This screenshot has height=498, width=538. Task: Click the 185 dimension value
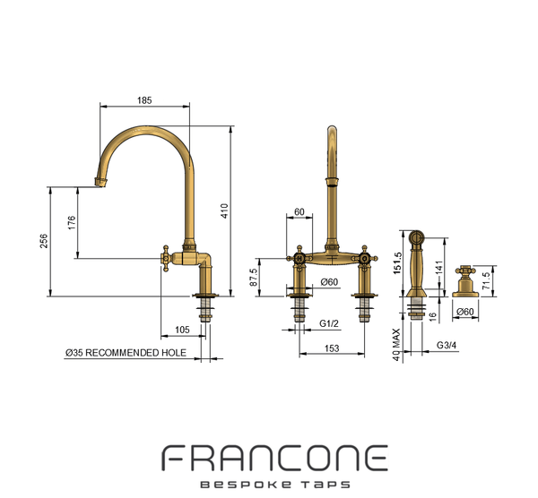(144, 100)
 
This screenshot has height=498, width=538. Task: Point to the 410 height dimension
(224, 210)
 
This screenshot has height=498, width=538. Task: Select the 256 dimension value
(44, 241)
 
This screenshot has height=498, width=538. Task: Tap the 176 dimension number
(72, 223)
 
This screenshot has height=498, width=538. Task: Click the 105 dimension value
(182, 330)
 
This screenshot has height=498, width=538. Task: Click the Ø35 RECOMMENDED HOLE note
(126, 353)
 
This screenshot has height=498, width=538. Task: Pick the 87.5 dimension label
(253, 278)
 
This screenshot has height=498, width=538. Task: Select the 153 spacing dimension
(332, 348)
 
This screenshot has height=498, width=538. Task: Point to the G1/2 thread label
(329, 323)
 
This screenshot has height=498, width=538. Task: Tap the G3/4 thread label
(447, 345)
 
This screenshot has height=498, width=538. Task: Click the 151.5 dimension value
(397, 263)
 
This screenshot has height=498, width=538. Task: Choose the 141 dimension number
(438, 267)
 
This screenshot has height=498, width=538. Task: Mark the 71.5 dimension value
(486, 280)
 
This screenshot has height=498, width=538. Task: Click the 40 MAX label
(396, 345)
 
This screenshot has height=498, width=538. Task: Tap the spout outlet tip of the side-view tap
(101, 183)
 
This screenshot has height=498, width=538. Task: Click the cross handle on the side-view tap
(166, 259)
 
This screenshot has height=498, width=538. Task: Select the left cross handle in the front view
(299, 259)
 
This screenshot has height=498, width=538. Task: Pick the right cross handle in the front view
(364, 259)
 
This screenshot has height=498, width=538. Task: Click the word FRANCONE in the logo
(275, 458)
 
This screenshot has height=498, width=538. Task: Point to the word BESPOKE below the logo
(246, 485)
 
